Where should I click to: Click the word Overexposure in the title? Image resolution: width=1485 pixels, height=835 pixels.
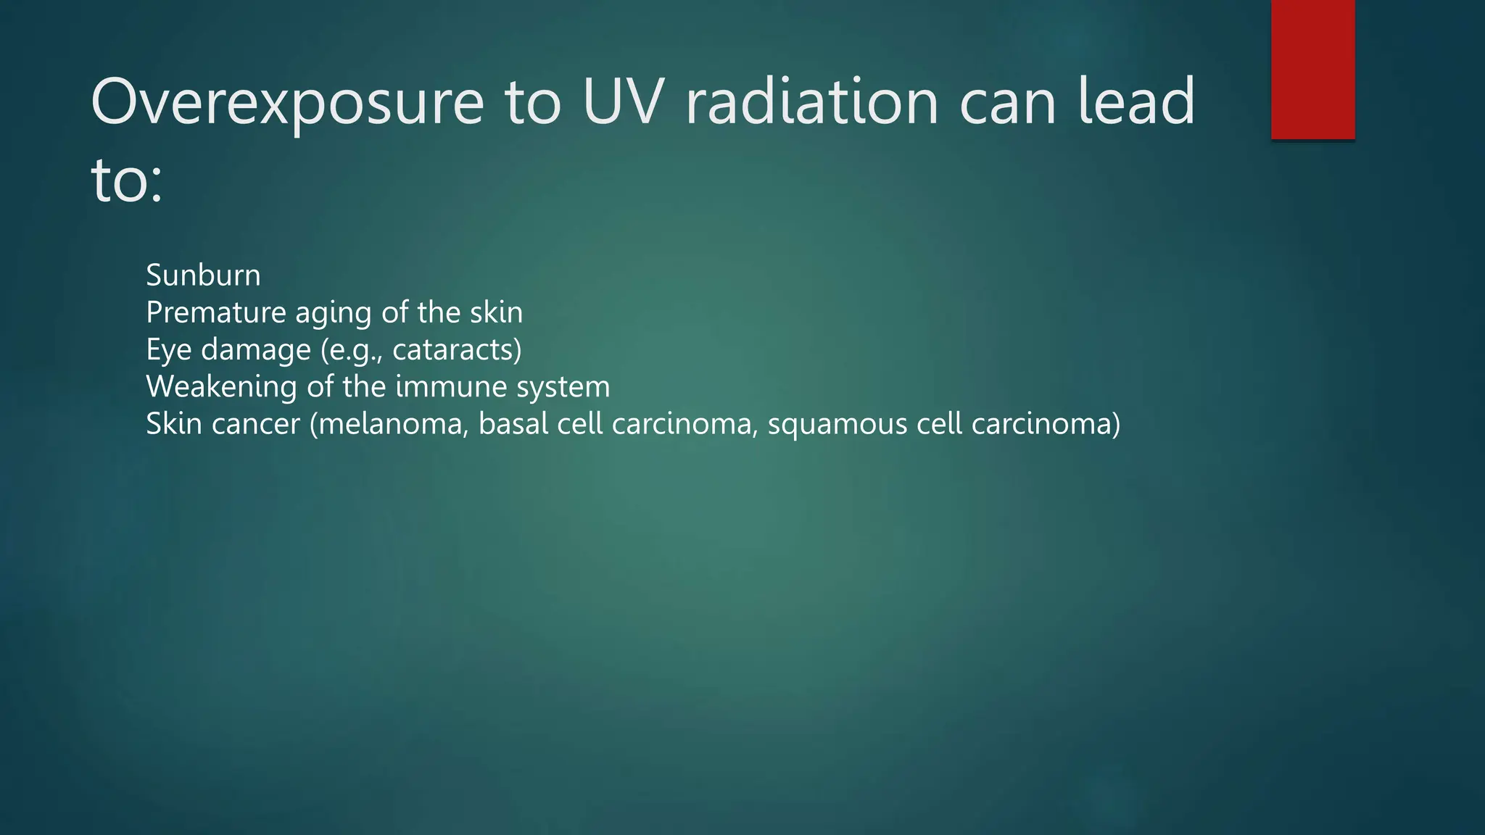pyautogui.click(x=287, y=103)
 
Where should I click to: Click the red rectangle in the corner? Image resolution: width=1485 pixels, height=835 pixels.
pyautogui.click(x=1312, y=69)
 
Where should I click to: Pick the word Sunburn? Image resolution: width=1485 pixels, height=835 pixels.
pyautogui.click(x=203, y=275)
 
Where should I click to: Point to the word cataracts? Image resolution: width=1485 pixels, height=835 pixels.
pyautogui.click(x=452, y=350)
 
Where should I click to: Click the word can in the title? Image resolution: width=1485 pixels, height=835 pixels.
pyautogui.click(x=1008, y=103)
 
